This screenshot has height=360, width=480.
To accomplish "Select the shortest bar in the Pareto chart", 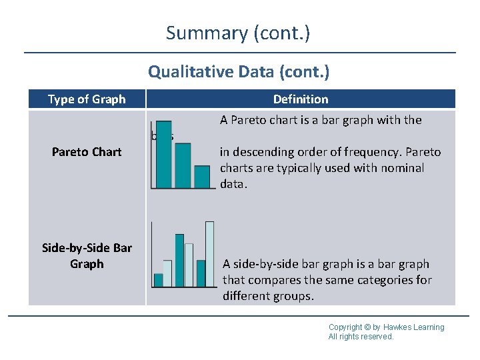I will click(x=202, y=177).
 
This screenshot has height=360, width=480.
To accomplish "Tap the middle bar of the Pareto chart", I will click(x=182, y=166).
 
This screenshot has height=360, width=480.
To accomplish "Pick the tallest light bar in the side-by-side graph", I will click(x=209, y=253).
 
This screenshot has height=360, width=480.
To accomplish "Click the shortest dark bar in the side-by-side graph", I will click(x=158, y=279).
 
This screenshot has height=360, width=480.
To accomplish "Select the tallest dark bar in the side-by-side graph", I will click(x=179, y=260).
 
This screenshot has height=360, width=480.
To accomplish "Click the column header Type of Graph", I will click(x=87, y=99).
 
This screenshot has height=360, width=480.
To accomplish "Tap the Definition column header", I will click(x=301, y=99).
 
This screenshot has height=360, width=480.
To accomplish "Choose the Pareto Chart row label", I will click(x=87, y=152).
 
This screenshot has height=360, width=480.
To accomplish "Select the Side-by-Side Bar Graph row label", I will click(x=87, y=256).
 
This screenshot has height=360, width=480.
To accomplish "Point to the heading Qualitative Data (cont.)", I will click(x=239, y=71).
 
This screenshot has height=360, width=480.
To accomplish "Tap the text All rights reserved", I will click(x=361, y=337).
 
